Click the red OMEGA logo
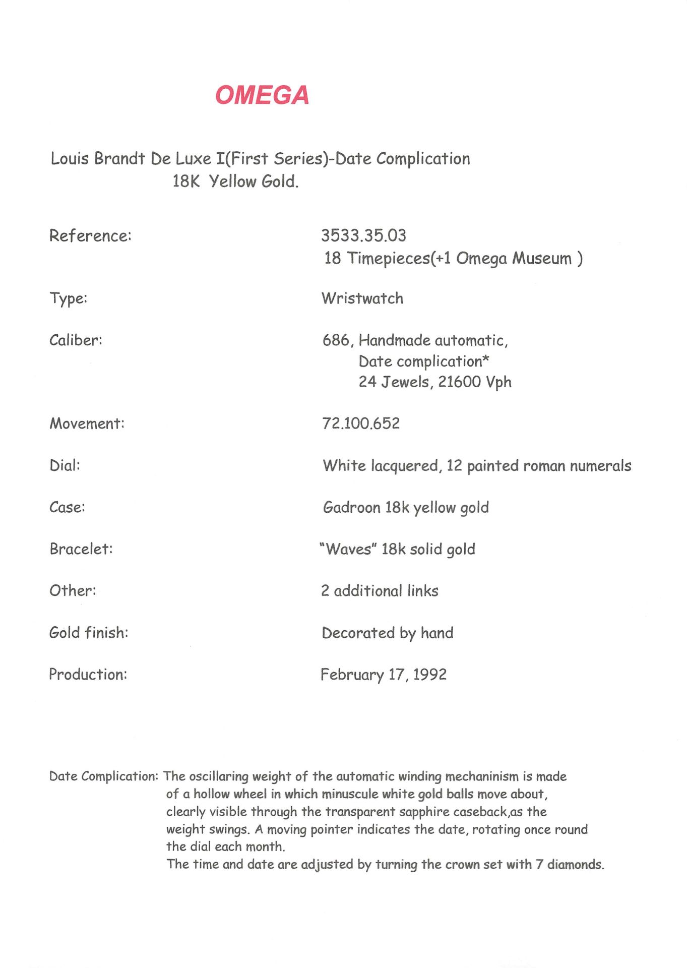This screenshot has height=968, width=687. (262, 95)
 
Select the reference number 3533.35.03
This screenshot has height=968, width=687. (363, 235)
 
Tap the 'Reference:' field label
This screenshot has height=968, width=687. (90, 235)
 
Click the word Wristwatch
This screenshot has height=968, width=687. (362, 298)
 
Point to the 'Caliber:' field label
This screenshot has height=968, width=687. (76, 340)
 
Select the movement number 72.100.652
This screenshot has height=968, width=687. (361, 423)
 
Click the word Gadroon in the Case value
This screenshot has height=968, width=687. (351, 507)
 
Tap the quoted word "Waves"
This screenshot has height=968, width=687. (348, 549)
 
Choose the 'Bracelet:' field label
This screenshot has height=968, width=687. (81, 549)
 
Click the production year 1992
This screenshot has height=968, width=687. (429, 675)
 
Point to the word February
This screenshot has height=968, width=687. (352, 675)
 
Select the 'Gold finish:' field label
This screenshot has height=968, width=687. (89, 632)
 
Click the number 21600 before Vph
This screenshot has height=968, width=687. (459, 382)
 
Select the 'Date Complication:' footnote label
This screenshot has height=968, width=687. (104, 776)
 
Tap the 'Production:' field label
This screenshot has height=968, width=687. (88, 675)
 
